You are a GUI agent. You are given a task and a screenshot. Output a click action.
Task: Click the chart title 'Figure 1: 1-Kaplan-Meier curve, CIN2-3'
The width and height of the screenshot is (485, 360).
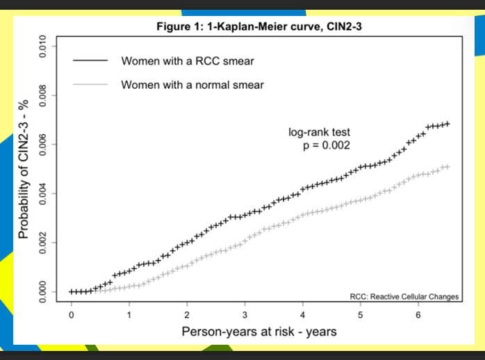coord(259,26)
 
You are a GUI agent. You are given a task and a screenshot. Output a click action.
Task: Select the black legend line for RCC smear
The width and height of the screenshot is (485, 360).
coord(90,60)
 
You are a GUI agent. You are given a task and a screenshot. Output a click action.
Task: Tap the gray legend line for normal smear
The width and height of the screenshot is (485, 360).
coord(90,84)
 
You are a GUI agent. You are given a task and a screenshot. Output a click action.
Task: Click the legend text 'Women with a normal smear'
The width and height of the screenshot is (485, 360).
coord(192,85)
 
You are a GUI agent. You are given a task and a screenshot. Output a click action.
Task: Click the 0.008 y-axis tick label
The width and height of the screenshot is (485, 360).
coord(42,95)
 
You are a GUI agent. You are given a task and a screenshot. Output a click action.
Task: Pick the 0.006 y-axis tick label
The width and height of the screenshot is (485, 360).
coord(42,145)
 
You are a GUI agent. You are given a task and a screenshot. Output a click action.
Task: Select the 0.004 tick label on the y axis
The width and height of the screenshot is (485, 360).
coord(42,194)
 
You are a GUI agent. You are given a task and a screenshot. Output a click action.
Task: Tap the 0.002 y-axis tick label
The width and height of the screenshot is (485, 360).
coord(42,243)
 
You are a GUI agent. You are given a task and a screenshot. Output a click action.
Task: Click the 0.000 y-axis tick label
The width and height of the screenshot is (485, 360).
coord(42,292)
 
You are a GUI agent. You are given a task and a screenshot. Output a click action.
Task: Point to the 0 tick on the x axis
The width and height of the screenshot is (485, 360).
coord(72,315)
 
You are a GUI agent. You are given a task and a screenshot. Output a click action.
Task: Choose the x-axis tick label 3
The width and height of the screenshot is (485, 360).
coord(245,315)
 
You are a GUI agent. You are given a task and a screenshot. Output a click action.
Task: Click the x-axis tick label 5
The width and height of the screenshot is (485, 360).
coord(361,315)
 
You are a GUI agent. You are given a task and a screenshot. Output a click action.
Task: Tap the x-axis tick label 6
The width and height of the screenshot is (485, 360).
coord(418,315)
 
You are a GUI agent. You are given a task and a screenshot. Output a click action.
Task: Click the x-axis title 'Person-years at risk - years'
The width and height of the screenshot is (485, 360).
coord(259,332)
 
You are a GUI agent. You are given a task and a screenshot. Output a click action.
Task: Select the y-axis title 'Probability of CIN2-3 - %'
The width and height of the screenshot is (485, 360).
coord(24,169)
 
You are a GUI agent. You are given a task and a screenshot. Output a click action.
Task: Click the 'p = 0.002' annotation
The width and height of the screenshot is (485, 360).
coord(327,145)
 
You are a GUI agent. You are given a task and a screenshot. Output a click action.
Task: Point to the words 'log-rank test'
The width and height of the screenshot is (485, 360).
coord(319,132)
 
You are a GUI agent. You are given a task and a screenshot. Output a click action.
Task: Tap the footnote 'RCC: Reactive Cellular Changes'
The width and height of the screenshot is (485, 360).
coord(404,297)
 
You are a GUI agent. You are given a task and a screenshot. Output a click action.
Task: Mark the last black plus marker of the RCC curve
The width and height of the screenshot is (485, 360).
coord(447,124)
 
